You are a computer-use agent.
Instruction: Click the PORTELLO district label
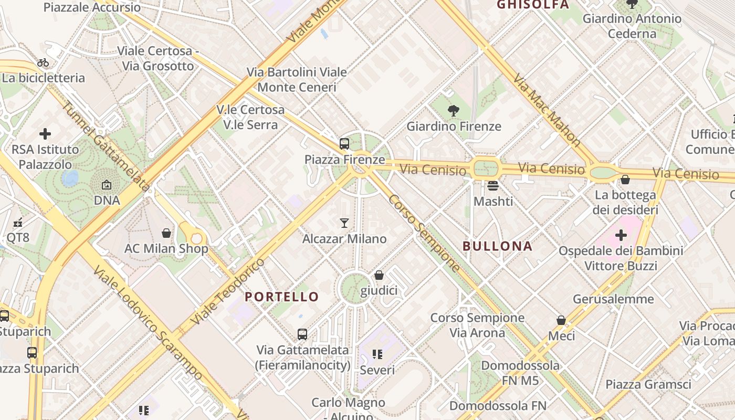(282, 297)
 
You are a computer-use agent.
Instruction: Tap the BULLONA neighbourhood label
(497, 246)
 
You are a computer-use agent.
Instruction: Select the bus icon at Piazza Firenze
(344, 143)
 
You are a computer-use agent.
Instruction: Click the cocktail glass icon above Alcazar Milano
(344, 223)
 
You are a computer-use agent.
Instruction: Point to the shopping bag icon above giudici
(379, 275)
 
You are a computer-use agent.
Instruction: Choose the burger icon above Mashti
(492, 186)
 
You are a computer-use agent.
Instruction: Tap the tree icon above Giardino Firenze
(454, 111)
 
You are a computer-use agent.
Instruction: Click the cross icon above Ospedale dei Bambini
(621, 235)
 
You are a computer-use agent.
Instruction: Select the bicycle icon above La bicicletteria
(43, 63)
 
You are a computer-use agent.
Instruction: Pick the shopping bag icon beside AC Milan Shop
(166, 233)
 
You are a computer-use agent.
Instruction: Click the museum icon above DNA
(107, 185)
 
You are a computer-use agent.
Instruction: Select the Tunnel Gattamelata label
(106, 145)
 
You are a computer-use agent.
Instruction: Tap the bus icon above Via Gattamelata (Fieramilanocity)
(302, 334)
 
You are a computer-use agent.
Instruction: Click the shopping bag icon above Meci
(561, 320)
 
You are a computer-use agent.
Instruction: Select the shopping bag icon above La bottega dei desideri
(625, 180)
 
